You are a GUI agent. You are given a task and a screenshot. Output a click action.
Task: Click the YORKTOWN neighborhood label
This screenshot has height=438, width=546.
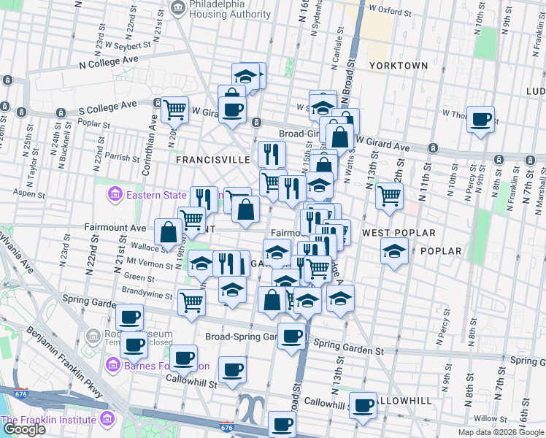click(x=399, y=65)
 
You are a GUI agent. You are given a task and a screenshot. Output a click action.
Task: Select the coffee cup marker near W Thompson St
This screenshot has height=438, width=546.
click(x=480, y=120)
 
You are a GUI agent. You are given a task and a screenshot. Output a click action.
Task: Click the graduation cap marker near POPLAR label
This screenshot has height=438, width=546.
click(x=394, y=253)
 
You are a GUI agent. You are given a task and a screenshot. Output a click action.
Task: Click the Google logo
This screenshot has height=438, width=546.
click(x=23, y=429)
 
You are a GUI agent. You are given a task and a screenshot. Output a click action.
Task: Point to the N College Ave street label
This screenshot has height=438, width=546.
click(x=109, y=63)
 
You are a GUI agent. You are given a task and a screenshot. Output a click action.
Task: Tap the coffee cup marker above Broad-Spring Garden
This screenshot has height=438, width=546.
click(x=292, y=337)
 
